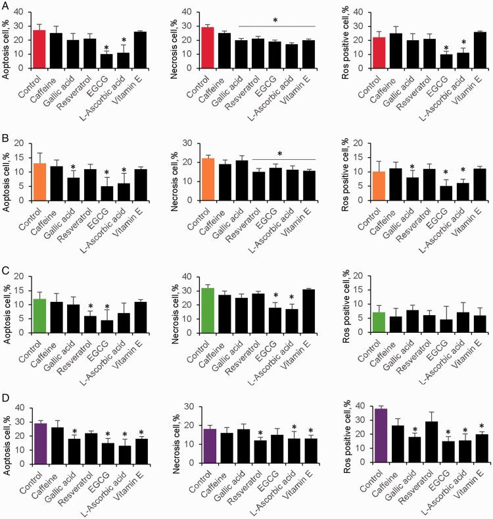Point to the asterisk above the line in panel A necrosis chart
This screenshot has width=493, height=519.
pyautogui.click(x=275, y=21)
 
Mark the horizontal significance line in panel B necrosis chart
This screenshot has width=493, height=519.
pyautogui.click(x=275, y=160)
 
